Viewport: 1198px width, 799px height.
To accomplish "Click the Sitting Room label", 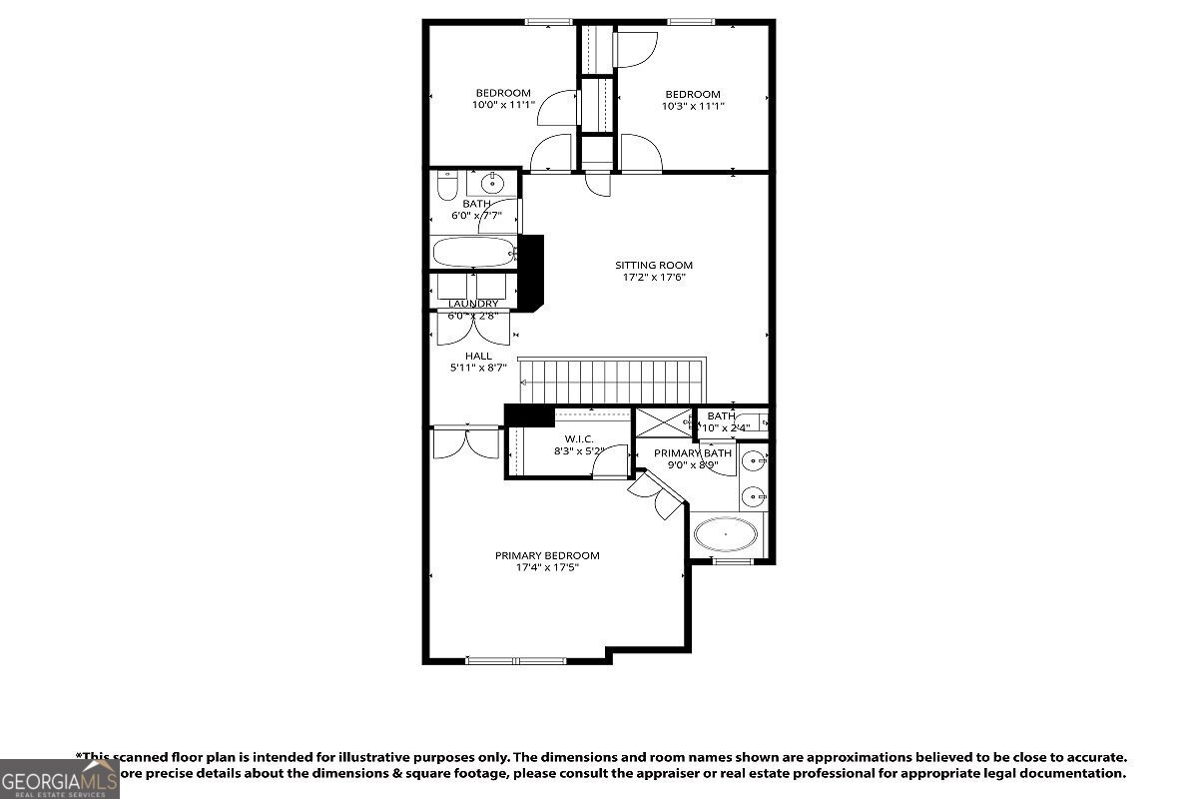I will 654,265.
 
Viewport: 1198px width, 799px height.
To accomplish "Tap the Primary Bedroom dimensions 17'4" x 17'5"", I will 547,568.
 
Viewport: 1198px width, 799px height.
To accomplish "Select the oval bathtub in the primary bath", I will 726,534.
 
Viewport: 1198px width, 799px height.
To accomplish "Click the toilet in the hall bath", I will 446,186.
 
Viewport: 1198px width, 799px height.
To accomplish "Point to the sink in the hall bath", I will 492,184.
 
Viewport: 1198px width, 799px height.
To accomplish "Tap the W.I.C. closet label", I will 579,438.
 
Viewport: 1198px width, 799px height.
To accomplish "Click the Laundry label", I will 473,304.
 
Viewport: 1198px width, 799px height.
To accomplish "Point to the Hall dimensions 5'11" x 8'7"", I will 478,368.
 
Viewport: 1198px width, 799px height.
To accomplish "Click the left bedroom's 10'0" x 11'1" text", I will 503,104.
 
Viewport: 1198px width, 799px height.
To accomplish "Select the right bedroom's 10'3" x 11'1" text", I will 693,106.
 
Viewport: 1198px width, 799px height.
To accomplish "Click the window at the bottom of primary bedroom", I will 516,660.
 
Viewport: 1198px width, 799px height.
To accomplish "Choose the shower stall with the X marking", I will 664,422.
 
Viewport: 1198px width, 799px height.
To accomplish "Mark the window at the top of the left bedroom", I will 549,22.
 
